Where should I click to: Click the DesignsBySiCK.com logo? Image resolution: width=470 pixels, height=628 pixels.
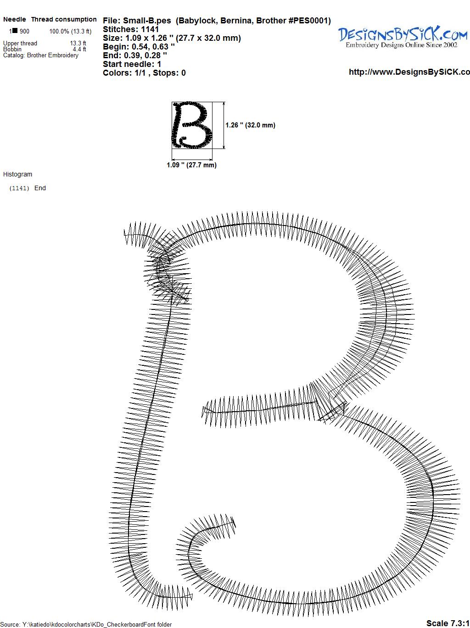[x=403, y=37]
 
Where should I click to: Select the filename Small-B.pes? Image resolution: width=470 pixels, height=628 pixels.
[x=147, y=21]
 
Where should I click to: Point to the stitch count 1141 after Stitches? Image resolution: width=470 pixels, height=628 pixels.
[x=150, y=29]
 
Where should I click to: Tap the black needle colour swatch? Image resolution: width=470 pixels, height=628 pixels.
[x=15, y=30]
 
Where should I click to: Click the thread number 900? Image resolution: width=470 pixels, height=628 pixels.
[x=24, y=31]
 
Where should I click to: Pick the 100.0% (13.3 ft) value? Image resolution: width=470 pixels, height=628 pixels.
[x=70, y=31]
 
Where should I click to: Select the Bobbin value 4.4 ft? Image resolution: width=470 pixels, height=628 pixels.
[x=79, y=49]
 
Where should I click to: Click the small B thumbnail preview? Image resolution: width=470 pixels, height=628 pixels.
[x=192, y=125]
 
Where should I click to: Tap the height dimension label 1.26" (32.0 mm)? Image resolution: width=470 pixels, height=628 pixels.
[x=250, y=125]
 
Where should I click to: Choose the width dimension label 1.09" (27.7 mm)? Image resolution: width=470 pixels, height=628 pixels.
[x=191, y=165]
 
